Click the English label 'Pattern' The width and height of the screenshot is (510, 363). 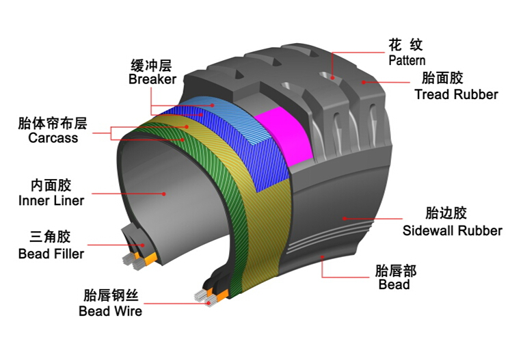(x=407, y=60)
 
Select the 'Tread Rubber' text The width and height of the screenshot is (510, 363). (x=456, y=94)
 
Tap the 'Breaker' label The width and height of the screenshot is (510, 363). (x=152, y=79)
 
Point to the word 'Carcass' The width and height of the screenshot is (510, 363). (x=53, y=138)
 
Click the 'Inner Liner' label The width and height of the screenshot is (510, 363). (x=51, y=200)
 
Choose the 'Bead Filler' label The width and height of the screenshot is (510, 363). (x=51, y=254)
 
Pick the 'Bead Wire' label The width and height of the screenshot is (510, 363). (x=110, y=311)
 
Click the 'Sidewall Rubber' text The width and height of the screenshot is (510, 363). (x=453, y=230)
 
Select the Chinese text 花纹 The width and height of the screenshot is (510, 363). (x=405, y=45)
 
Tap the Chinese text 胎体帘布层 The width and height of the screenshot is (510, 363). (x=53, y=124)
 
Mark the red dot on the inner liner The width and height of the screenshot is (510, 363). (x=164, y=194)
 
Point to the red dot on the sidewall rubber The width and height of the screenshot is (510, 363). (x=345, y=219)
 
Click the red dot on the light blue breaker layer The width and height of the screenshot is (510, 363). (x=212, y=105)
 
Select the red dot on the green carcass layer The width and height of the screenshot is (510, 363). (x=183, y=140)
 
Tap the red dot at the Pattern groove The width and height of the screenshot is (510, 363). (x=332, y=78)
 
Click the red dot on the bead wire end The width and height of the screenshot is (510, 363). (x=209, y=304)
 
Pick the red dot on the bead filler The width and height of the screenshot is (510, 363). (x=142, y=245)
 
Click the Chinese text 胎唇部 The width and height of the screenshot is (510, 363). (x=396, y=271)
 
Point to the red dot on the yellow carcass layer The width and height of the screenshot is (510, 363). (x=187, y=127)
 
